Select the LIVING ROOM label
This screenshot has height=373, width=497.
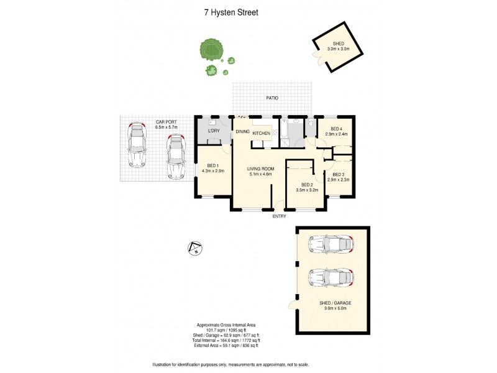(260, 168)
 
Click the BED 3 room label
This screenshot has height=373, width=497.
(338, 175)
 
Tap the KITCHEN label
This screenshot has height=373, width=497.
(261, 134)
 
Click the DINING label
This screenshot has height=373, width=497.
(242, 131)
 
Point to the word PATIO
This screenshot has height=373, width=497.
(272, 98)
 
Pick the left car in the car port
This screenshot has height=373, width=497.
(137, 146)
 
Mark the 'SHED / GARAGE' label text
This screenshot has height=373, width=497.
(335, 303)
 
